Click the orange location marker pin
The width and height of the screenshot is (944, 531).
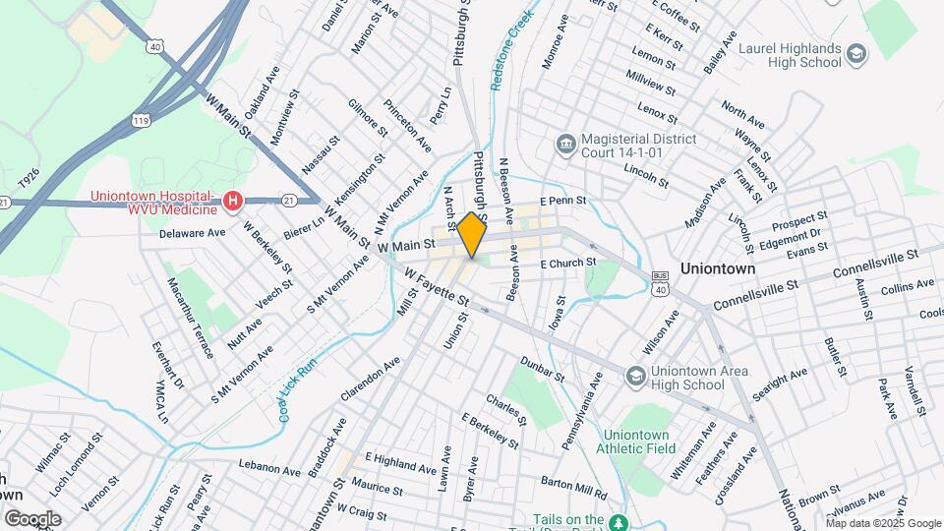[x=472, y=235]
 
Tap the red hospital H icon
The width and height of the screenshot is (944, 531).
[x=233, y=202]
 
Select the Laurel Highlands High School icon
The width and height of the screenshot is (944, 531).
[x=855, y=53]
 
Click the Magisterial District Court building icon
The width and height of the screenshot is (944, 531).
[x=565, y=146]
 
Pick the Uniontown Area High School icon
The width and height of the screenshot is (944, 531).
[x=636, y=377]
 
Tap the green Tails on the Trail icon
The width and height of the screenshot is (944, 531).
[x=618, y=520]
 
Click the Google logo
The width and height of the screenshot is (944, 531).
[x=32, y=518]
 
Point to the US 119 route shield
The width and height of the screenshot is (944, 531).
[x=141, y=119]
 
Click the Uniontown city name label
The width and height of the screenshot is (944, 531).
[x=718, y=267]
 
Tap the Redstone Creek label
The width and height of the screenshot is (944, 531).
[x=512, y=49]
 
